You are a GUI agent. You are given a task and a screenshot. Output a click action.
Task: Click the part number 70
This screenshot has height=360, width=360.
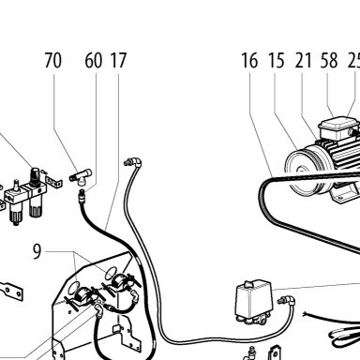[x=53, y=60]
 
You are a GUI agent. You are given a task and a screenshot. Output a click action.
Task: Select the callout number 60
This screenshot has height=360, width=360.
[x=94, y=60]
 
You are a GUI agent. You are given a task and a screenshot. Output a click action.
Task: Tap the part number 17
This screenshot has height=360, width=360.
[x=118, y=60]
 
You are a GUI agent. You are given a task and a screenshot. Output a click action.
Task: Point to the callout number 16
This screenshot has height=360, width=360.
[x=249, y=60]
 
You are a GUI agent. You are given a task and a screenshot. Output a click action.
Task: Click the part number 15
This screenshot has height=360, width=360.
[x=277, y=60]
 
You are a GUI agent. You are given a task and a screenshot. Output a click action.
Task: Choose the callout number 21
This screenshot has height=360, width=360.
[x=303, y=60]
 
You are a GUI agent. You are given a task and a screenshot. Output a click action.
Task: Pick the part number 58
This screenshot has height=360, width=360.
[x=329, y=60]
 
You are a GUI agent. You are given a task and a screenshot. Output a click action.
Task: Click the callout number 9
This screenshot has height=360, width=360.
[x=37, y=252]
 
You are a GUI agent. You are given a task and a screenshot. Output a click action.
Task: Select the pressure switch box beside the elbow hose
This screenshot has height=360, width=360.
[x=253, y=300]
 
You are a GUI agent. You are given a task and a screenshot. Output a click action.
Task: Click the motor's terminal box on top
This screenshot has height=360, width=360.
[x=335, y=127]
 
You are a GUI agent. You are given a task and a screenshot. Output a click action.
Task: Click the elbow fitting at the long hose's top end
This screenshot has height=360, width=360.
[x=132, y=162]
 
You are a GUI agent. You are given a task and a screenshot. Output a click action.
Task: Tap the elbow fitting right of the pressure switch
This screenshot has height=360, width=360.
[x=287, y=301]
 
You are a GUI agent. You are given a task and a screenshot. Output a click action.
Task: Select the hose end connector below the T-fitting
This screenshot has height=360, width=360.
[x=82, y=195]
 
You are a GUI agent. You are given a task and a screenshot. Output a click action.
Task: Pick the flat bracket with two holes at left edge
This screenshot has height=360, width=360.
[x=12, y=292]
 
